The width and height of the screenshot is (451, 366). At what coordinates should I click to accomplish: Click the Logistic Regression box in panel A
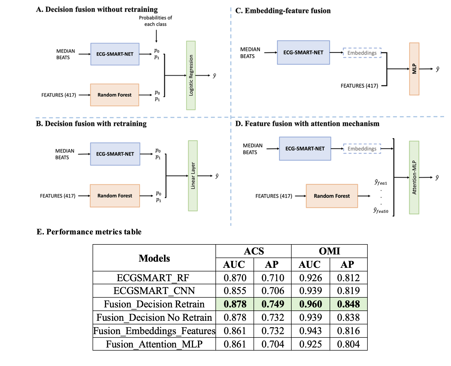pyautogui.click(x=191, y=75)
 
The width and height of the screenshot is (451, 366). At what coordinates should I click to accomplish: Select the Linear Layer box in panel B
pyautogui.click(x=193, y=176)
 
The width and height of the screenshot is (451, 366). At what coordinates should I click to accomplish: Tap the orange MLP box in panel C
pyautogui.click(x=414, y=69)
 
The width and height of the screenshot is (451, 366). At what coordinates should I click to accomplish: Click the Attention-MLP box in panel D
pyautogui.click(x=414, y=177)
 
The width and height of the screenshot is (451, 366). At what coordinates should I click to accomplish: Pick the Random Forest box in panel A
pyautogui.click(x=115, y=95)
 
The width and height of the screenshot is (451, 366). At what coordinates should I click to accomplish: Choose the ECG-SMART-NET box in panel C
pyautogui.click(x=303, y=52)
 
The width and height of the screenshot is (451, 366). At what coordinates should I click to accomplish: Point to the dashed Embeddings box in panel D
pyautogui.click(x=362, y=149)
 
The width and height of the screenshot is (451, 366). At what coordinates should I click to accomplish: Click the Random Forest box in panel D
pyautogui.click(x=332, y=196)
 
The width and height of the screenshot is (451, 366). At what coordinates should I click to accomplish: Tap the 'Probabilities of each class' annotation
pyautogui.click(x=155, y=21)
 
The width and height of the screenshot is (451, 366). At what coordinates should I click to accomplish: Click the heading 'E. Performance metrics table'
pyautogui.click(x=89, y=232)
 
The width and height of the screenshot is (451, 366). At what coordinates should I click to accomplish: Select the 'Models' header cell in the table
pyautogui.click(x=154, y=258)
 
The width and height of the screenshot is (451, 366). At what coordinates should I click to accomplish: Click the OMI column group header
pyautogui.click(x=329, y=251)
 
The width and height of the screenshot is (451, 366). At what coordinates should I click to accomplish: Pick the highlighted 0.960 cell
pyautogui.click(x=311, y=304)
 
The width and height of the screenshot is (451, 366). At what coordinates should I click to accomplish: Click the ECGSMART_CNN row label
pyautogui.click(x=154, y=291)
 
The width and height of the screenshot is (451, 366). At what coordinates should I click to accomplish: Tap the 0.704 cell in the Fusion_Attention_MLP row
pyautogui.click(x=273, y=344)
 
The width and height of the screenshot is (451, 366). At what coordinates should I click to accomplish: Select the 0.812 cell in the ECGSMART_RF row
pyautogui.click(x=348, y=278)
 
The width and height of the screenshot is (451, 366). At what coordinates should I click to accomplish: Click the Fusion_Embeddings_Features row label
pyautogui.click(x=154, y=331)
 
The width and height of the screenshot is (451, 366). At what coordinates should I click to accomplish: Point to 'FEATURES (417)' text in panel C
pyautogui.click(x=359, y=86)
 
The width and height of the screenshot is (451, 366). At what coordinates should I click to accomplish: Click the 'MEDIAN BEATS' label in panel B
pyautogui.click(x=65, y=154)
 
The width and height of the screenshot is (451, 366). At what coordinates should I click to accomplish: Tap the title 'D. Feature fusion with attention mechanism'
pyautogui.click(x=307, y=124)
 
